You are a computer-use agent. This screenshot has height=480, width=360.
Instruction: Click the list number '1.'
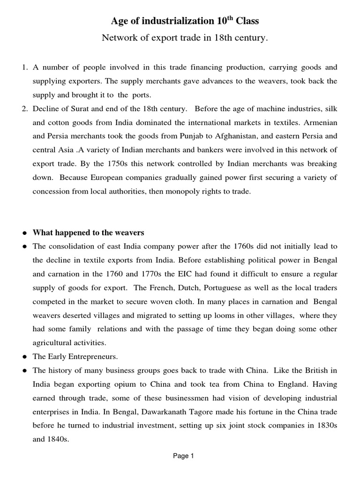pos(25,67)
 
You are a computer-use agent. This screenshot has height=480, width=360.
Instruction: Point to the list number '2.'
pos(25,109)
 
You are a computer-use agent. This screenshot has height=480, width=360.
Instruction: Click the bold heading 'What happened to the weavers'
pos(88,232)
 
